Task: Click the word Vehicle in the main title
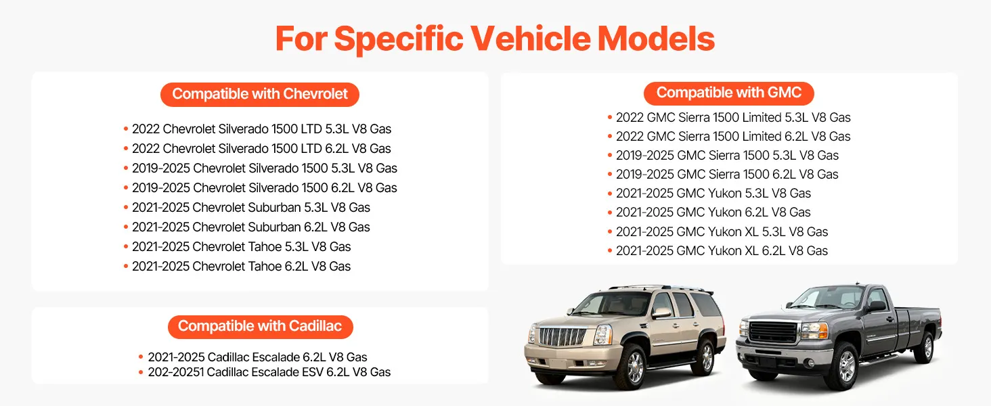[x=530, y=39]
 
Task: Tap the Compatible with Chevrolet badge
[x=260, y=94]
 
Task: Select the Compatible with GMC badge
[x=728, y=93]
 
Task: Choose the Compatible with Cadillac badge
[x=260, y=327]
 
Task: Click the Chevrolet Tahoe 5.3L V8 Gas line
[x=241, y=247]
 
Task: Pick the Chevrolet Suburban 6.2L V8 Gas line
[x=251, y=227]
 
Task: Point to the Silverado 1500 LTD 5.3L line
[x=261, y=129]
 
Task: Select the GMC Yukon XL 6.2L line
[x=722, y=251]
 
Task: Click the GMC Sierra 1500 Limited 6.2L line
[x=733, y=136]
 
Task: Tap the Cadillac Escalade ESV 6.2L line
[x=269, y=372]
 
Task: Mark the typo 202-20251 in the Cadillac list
[x=175, y=372]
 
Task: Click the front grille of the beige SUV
[x=562, y=337]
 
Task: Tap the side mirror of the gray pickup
[x=877, y=306]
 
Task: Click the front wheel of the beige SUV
[x=634, y=366]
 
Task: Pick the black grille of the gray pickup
[x=772, y=332]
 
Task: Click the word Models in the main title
[x=656, y=39]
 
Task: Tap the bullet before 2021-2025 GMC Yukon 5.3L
[x=610, y=194]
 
